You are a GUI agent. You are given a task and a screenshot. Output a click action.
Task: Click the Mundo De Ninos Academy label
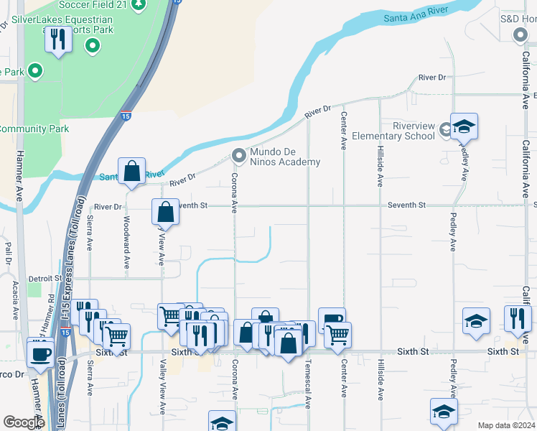pyautogui.click(x=284, y=157)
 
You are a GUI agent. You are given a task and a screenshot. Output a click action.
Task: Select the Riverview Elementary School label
pyautogui.click(x=403, y=131)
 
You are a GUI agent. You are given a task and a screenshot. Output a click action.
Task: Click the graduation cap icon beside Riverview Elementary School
pyautogui.click(x=464, y=127)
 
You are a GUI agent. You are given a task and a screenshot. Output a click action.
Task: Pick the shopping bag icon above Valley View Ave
pyautogui.click(x=165, y=212)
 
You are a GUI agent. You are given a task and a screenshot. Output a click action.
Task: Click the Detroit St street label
pyautogui.click(x=46, y=278)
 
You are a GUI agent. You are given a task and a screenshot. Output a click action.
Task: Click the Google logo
pyautogui.click(x=24, y=422)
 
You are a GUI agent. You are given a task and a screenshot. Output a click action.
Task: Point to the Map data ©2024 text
pyautogui.click(x=505, y=425)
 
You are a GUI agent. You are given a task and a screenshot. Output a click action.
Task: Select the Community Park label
pyautogui.click(x=34, y=129)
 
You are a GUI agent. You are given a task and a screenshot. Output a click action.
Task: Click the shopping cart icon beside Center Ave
pyautogui.click(x=337, y=334)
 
